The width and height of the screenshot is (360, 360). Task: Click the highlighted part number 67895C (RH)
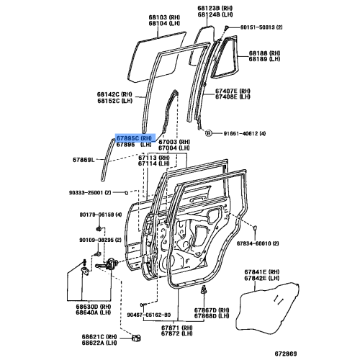point(135,138)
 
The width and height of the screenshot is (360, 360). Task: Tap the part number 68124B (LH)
point(215,14)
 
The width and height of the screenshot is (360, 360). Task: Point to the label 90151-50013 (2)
point(261,27)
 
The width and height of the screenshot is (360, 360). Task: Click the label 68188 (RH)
point(264,53)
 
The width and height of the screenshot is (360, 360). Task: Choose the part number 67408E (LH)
point(233,96)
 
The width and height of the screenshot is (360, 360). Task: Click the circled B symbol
point(208,133)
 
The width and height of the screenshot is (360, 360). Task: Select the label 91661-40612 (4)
point(245,133)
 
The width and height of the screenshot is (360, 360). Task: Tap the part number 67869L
point(84,160)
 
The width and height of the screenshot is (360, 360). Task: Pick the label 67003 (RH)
point(174,142)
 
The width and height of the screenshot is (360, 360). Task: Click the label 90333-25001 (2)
point(90,192)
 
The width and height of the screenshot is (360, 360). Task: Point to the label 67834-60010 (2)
point(258,243)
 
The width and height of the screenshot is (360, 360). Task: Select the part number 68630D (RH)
point(94,307)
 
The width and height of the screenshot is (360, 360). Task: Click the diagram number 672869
point(286,354)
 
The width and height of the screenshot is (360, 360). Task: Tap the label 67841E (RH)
point(262,272)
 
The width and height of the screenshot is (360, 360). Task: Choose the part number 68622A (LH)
point(99,343)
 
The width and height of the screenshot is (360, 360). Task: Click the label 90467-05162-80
point(149,315)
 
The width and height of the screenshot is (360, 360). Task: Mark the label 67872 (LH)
point(176,333)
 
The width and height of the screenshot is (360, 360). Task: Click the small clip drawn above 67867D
point(204,289)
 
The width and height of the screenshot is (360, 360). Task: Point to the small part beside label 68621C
point(136,338)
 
